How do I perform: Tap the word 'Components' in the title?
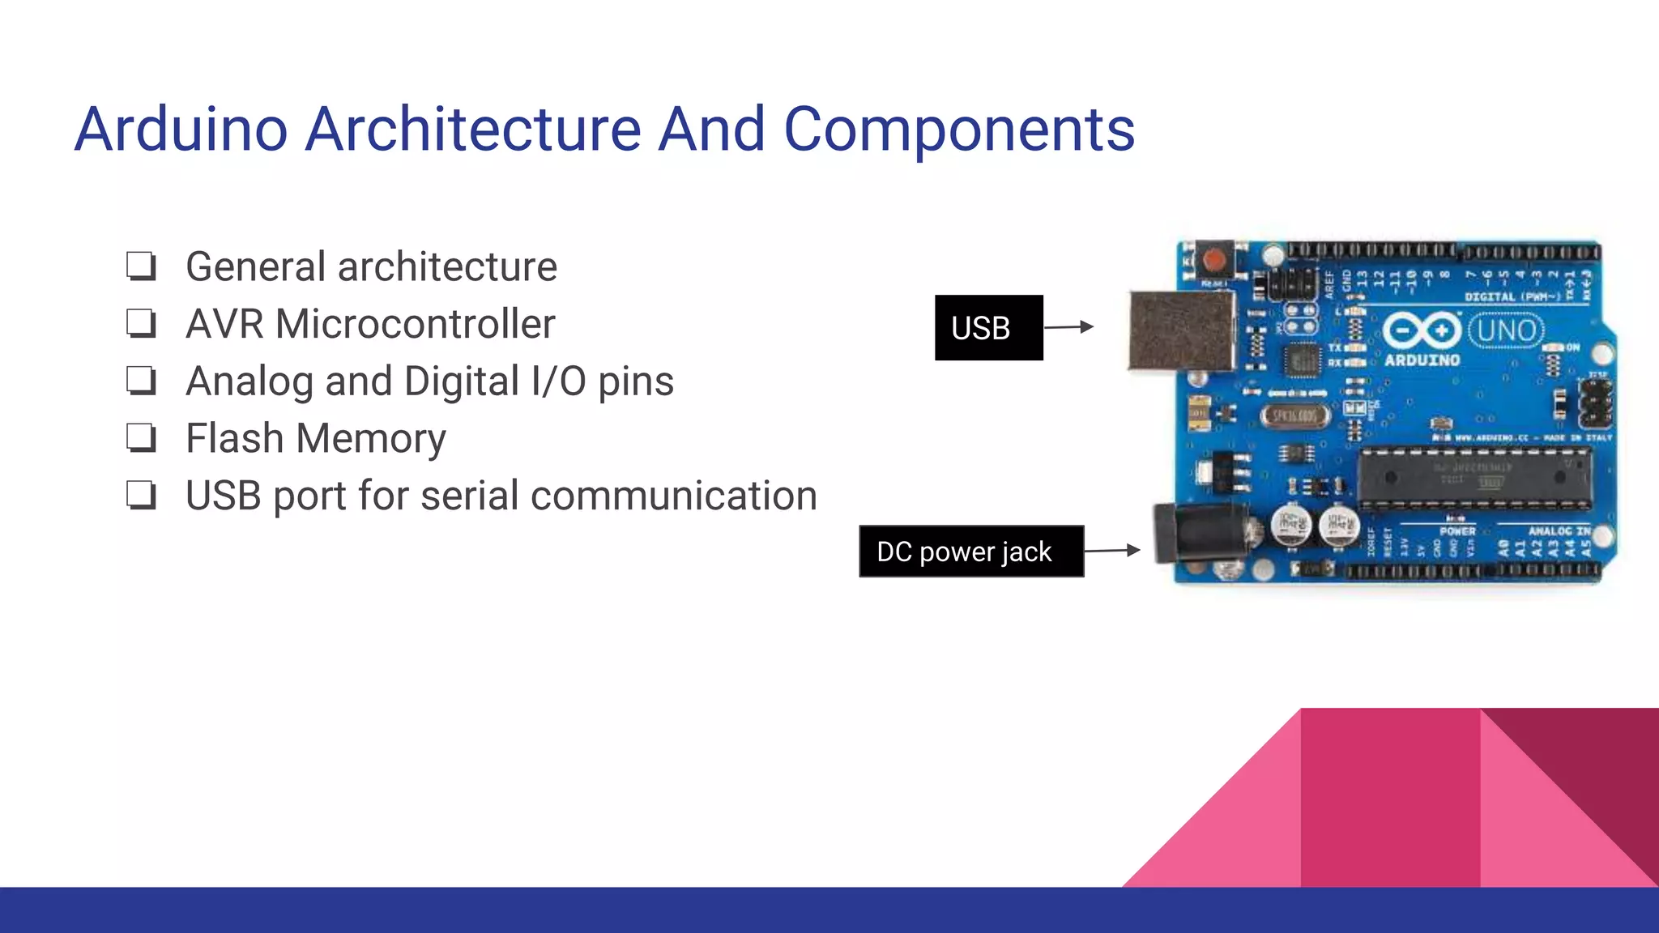click(x=958, y=130)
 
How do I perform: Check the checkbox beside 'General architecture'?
click(x=141, y=266)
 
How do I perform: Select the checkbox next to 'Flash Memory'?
click(x=141, y=437)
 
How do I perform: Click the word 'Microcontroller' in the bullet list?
click(x=415, y=324)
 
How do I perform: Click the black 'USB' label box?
click(x=988, y=327)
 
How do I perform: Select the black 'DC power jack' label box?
click(x=971, y=552)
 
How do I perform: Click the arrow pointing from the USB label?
click(x=1069, y=327)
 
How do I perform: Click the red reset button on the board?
click(x=1213, y=260)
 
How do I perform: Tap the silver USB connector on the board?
click(x=1182, y=330)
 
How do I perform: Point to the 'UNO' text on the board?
click(x=1506, y=331)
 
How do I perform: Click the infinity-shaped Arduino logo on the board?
click(x=1422, y=330)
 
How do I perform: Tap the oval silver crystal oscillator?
click(x=1294, y=416)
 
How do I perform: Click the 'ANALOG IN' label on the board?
click(x=1559, y=531)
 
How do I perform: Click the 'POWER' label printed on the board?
click(x=1457, y=531)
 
